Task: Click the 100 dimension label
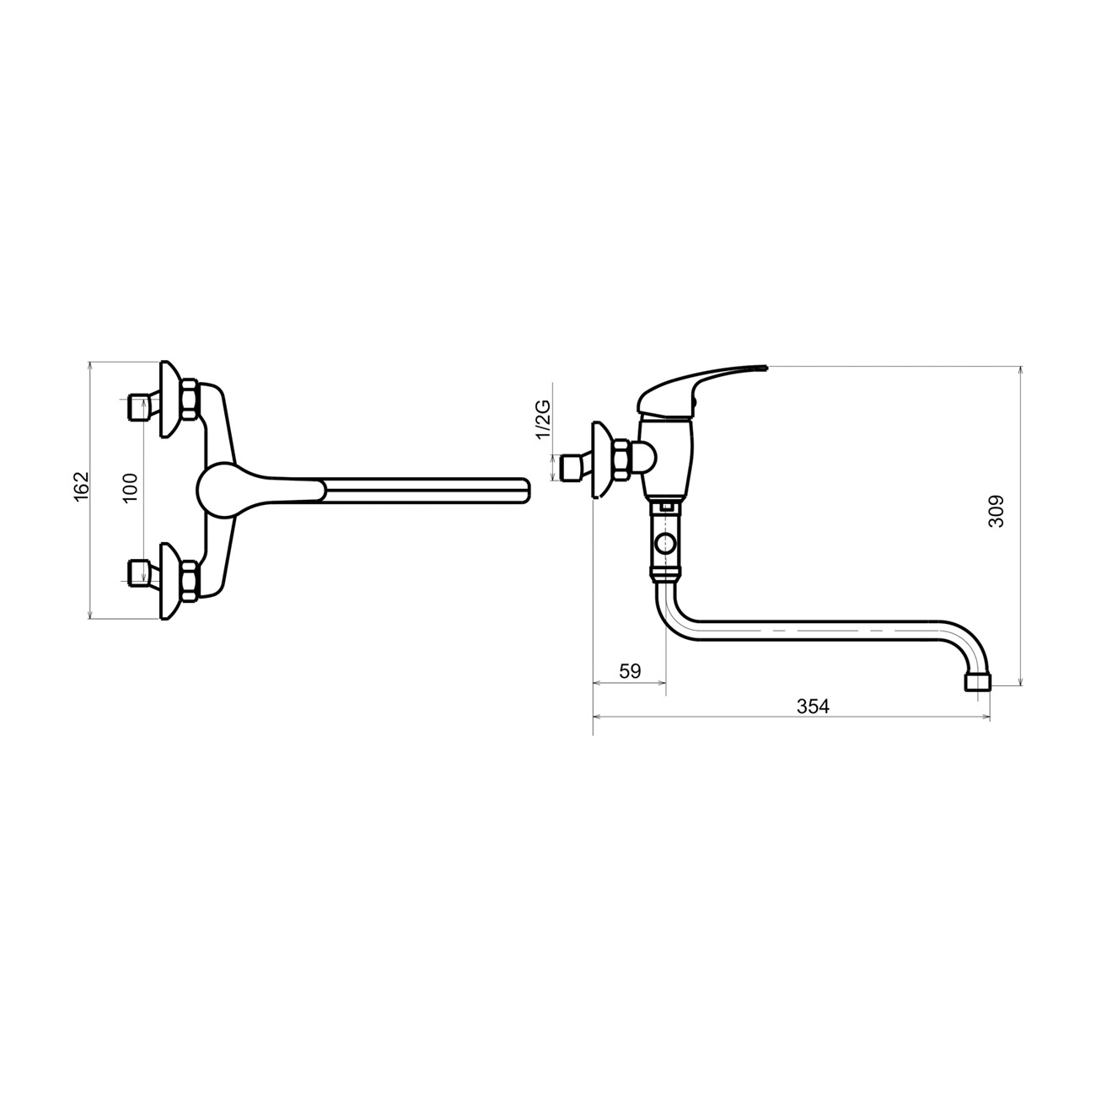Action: [x=131, y=487]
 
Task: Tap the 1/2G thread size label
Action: [x=543, y=420]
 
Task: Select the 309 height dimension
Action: [x=996, y=511]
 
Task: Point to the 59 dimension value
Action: [x=630, y=671]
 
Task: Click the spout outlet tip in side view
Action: [x=978, y=682]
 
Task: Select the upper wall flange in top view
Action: [x=169, y=399]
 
